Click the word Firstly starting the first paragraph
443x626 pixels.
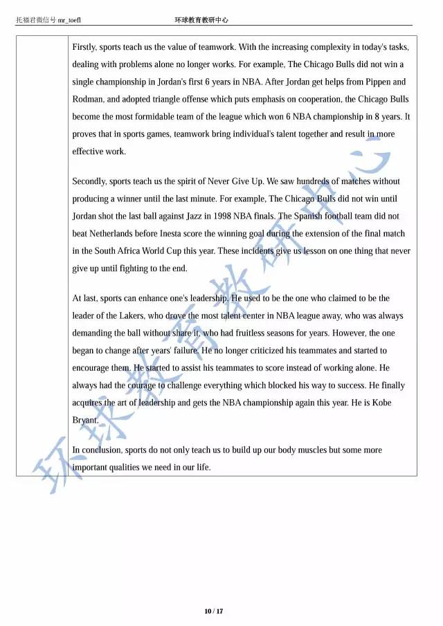[84, 47]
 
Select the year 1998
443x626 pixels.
[229, 216]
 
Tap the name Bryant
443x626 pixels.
[86, 419]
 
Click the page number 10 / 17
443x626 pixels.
[214, 611]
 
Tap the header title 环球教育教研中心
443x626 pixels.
[201, 20]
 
